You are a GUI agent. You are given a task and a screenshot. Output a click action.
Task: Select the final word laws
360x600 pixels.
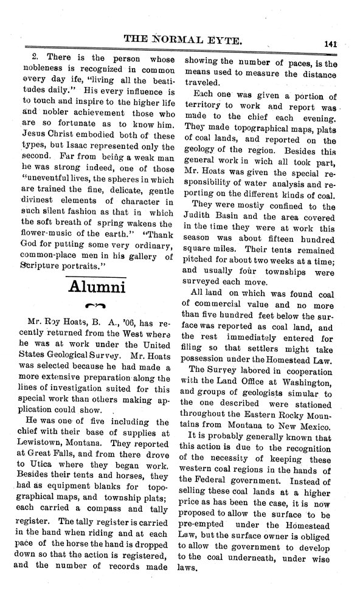pos(194,585)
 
